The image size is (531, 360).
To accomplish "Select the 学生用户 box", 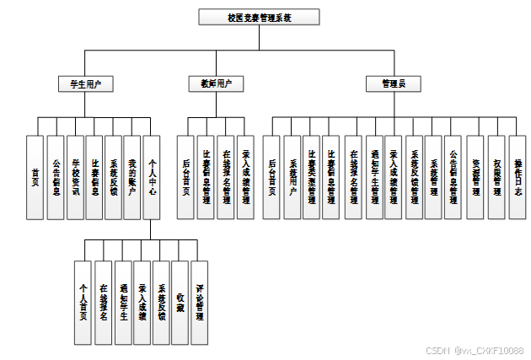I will pos(85,83).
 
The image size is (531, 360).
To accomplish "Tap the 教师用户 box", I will pos(216,83).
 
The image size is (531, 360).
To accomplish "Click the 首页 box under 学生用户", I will pos(35,177).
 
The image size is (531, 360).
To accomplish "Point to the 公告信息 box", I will pos(56,177).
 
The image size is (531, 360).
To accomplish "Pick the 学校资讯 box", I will pos(75,177).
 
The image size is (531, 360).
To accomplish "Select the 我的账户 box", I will pos(132,177).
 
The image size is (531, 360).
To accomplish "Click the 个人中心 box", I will pos(153,177).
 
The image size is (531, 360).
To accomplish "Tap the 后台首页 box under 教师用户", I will pos(185,177).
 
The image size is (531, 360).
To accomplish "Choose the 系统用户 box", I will pos(292,177).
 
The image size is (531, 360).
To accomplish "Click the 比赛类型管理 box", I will pos(312,177).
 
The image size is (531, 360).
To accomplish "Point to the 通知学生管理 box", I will pos(374,177).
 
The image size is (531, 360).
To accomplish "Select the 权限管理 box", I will pos(496,177).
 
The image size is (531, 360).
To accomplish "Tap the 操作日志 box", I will pos(516,177).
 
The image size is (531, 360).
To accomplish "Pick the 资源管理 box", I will pos(475,177).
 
